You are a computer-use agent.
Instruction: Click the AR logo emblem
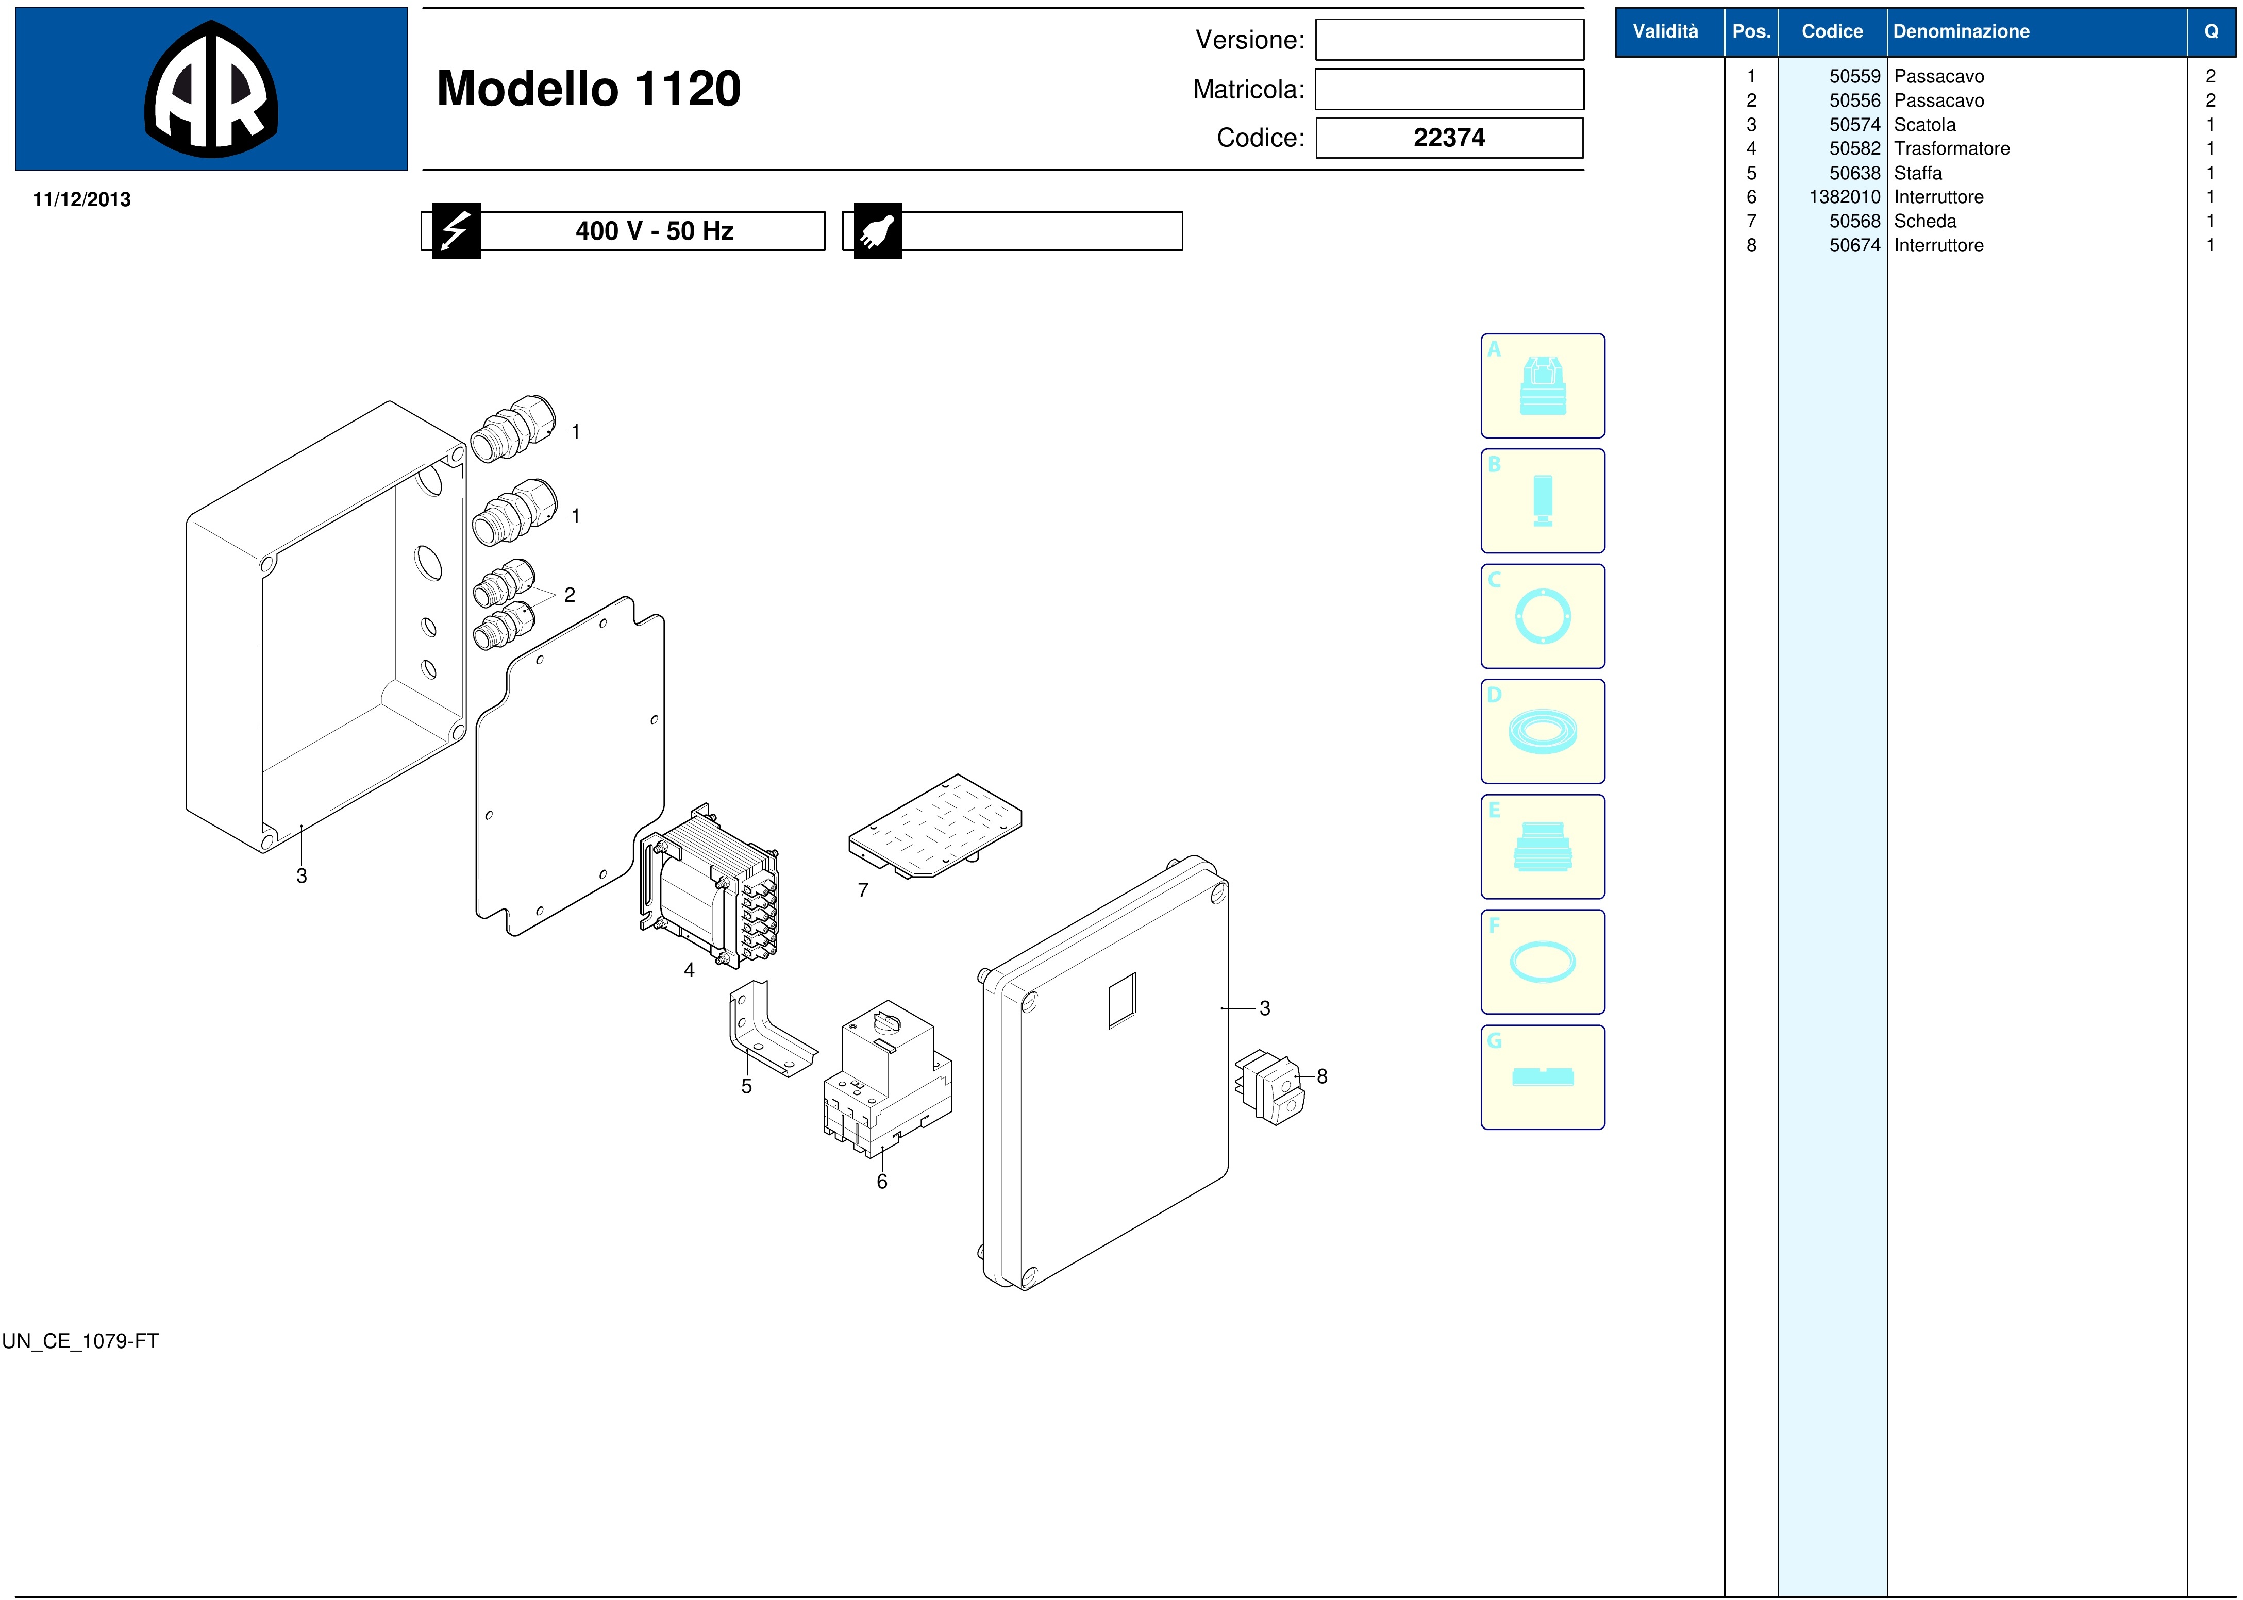(211, 89)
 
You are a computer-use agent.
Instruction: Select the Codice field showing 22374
(1449, 138)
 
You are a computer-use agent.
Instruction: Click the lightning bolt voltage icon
(455, 230)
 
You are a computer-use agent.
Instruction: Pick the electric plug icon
(877, 230)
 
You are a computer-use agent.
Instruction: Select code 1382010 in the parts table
(1844, 197)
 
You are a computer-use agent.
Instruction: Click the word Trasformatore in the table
(1951, 149)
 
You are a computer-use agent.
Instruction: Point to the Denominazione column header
(1961, 31)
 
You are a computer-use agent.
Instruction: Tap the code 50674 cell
(1855, 245)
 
